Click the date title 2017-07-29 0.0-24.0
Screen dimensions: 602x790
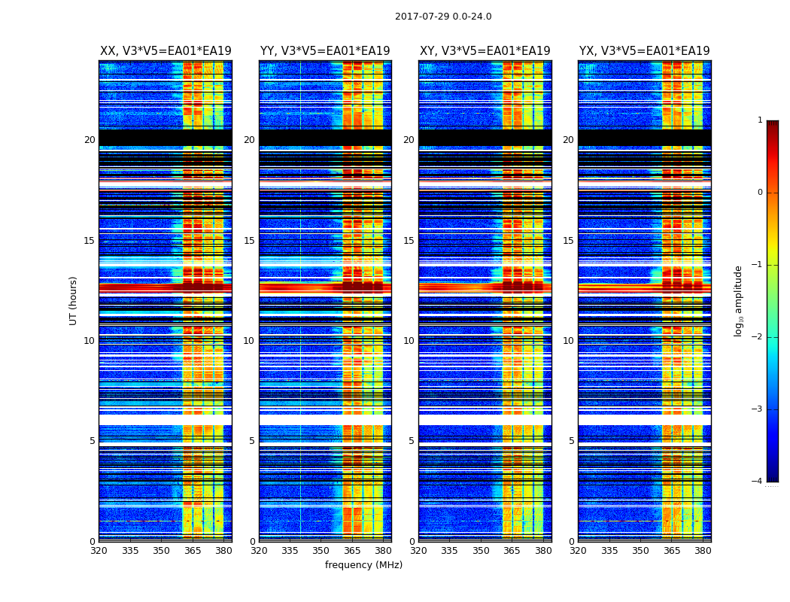(x=443, y=17)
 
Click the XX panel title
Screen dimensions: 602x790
(x=166, y=51)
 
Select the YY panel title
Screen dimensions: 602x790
(x=325, y=51)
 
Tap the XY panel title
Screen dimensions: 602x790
(x=485, y=51)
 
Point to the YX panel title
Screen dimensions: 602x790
(x=645, y=51)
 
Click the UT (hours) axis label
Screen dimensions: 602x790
(x=74, y=300)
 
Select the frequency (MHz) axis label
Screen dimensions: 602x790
(x=363, y=565)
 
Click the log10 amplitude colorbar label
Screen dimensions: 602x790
(x=739, y=300)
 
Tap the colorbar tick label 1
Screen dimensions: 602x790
(x=759, y=120)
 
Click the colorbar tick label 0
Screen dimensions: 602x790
(x=759, y=193)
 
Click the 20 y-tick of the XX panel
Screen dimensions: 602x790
(x=90, y=140)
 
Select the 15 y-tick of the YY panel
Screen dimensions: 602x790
(x=249, y=241)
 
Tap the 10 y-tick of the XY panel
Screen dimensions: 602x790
(x=409, y=341)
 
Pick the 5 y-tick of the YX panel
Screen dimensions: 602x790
(x=571, y=441)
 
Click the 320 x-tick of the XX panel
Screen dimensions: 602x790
(x=99, y=551)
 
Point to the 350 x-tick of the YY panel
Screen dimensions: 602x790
(x=321, y=551)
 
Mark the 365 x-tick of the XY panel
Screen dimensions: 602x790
(x=512, y=551)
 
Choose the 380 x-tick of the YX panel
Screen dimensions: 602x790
(x=703, y=551)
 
